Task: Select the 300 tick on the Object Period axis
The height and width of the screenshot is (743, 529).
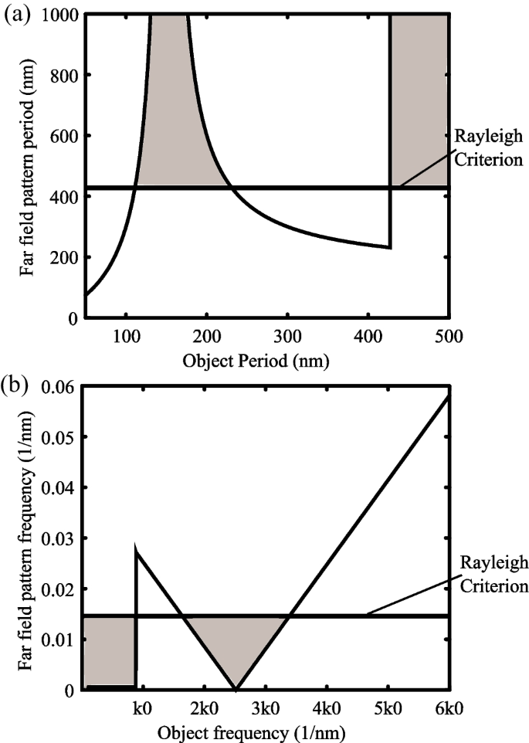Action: [x=287, y=336]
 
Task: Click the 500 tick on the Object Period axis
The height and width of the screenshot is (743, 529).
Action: [x=449, y=336]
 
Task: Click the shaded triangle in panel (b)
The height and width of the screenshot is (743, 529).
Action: [x=236, y=641]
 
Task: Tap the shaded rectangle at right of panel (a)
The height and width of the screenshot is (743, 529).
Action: [x=419, y=100]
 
